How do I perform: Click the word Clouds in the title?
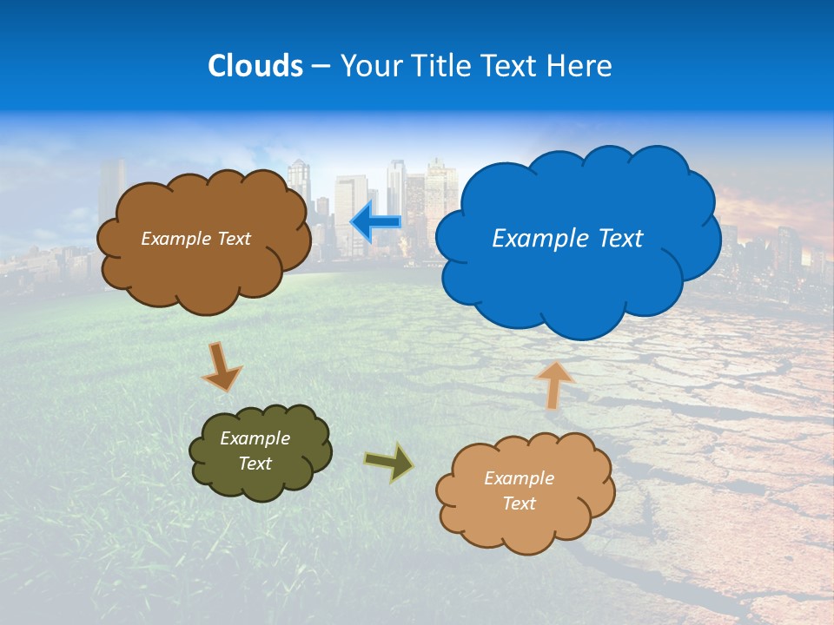[255, 66]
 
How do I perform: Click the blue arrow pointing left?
[375, 221]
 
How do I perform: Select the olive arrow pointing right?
[389, 462]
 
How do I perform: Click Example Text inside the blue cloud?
[567, 239]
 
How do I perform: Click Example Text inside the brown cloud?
[195, 239]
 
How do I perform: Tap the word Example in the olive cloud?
[255, 438]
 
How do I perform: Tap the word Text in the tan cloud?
[520, 503]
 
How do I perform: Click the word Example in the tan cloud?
[519, 478]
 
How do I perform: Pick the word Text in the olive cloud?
[255, 464]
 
